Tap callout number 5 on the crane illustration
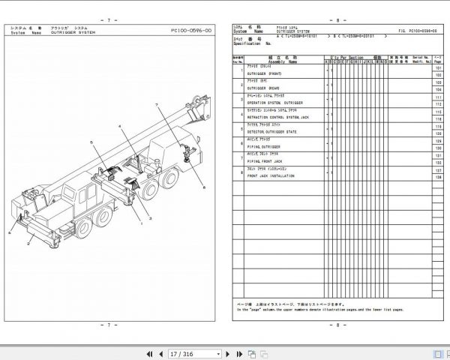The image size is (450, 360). [x=90, y=141]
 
